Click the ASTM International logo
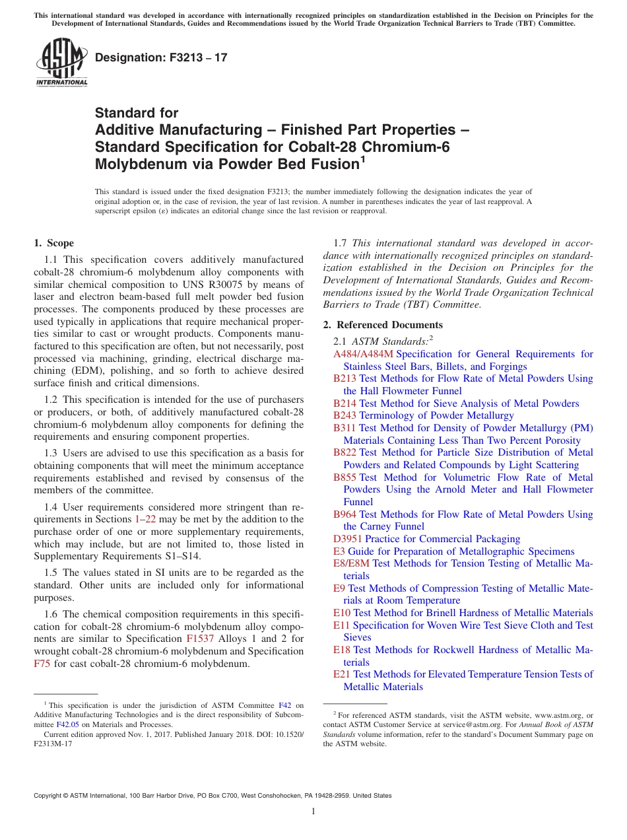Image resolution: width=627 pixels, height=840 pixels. click(61, 63)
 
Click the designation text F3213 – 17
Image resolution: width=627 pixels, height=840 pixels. click(161, 57)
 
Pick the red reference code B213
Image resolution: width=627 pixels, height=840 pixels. click(345, 378)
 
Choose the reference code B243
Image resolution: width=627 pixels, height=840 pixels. click(345, 415)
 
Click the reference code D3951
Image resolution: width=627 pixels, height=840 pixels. click(348, 539)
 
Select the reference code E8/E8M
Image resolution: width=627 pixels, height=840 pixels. click(352, 563)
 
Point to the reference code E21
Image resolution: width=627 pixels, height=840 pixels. click(342, 674)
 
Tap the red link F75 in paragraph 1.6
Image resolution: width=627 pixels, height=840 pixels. click(42, 664)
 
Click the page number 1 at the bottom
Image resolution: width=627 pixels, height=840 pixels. click(313, 811)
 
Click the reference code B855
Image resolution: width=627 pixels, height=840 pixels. click(345, 477)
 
